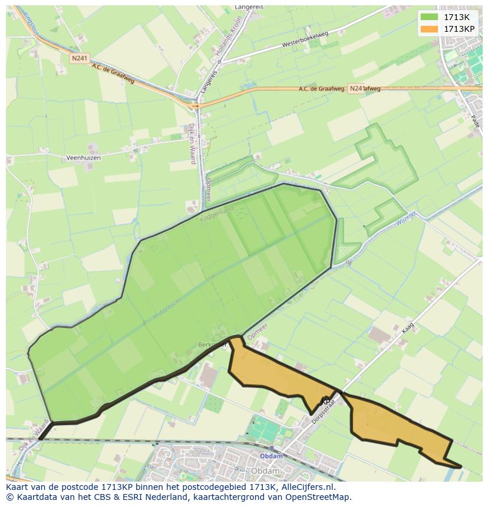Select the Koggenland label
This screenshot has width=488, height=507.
tap(217, 213)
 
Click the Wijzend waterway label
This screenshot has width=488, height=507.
tap(406, 218)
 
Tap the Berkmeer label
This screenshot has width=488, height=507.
tap(211, 344)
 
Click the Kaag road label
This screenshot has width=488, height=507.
tap(408, 327)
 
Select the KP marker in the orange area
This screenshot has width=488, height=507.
tap(326, 402)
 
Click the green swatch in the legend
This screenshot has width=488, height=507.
tap(430, 16)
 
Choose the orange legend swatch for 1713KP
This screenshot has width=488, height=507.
tap(430, 29)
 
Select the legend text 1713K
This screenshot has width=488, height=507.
tap(457, 16)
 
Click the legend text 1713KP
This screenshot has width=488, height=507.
tap(459, 29)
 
